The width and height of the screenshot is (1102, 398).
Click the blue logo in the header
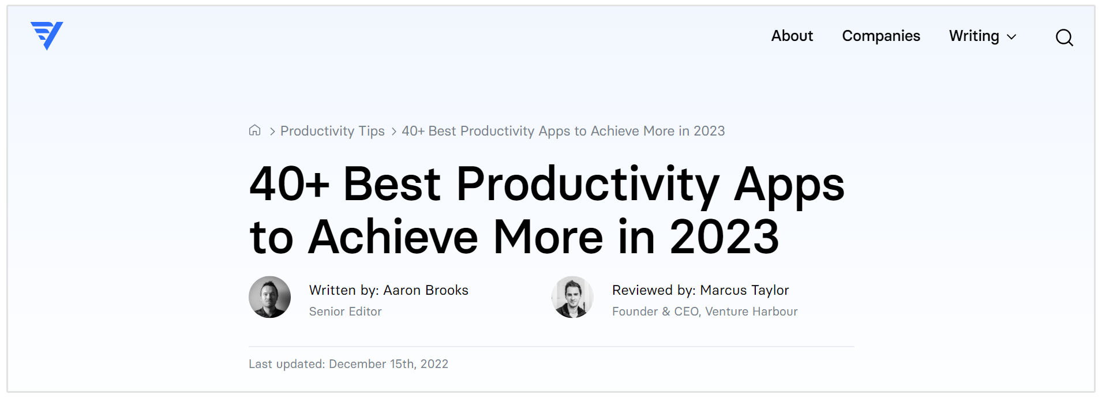(x=47, y=36)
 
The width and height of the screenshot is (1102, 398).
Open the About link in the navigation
(x=792, y=36)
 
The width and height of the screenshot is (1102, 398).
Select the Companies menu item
(x=881, y=36)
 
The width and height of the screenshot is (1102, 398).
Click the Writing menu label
(x=974, y=36)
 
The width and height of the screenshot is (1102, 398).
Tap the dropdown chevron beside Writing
(x=1011, y=37)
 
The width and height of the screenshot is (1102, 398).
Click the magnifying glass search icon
(x=1064, y=37)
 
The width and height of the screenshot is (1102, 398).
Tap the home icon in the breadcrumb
(x=254, y=130)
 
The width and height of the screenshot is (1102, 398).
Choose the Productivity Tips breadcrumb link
(x=332, y=131)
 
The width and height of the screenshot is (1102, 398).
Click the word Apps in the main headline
(x=789, y=185)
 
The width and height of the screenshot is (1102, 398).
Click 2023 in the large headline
(x=724, y=236)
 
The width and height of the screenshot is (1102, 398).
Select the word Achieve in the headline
(x=393, y=236)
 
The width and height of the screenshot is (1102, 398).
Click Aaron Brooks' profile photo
(x=269, y=297)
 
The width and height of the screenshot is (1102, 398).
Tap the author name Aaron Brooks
(x=426, y=290)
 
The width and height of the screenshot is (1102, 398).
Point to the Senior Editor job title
(x=345, y=311)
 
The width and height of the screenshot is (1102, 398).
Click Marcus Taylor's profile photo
(x=572, y=297)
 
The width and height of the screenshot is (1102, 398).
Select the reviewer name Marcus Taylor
(x=744, y=290)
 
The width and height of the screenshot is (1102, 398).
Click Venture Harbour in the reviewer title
(x=751, y=311)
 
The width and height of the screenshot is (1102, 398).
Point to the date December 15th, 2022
(x=388, y=364)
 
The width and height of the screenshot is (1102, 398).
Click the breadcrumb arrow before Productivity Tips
(x=272, y=132)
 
